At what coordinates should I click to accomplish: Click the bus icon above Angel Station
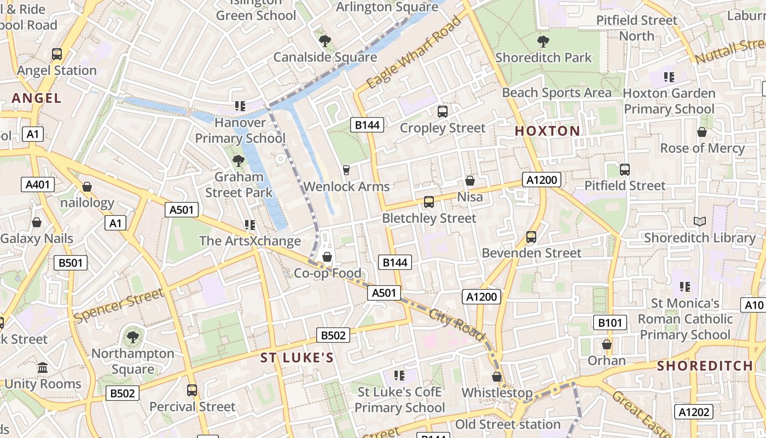point(57,54)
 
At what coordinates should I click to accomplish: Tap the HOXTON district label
point(547,131)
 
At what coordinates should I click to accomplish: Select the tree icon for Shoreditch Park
point(543,41)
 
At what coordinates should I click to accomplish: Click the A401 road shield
point(38,185)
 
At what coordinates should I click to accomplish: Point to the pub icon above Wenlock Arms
point(346,170)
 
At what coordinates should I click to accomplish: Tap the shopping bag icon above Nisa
point(469,181)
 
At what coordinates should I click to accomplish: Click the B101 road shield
point(610,322)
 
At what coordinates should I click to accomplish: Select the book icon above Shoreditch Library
point(699,221)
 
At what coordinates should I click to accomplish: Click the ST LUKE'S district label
point(297,358)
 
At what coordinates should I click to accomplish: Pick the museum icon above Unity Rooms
point(43,368)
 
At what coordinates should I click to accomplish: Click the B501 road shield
point(71,263)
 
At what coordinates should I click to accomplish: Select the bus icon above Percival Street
point(192,390)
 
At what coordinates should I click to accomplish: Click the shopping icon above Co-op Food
point(327,257)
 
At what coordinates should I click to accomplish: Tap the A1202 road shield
point(694,412)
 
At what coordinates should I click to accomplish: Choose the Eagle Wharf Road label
point(414,53)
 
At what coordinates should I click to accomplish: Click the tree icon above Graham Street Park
point(238,160)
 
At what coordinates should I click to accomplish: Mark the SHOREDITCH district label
point(705,366)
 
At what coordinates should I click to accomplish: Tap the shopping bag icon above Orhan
point(606,344)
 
